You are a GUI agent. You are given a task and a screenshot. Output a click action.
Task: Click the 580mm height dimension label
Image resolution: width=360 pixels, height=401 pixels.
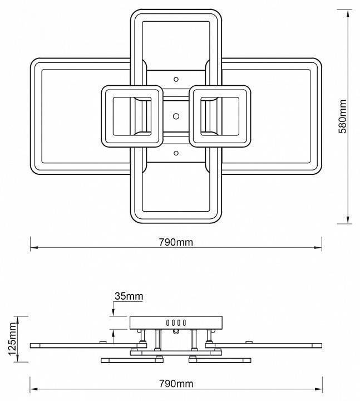point(342,116)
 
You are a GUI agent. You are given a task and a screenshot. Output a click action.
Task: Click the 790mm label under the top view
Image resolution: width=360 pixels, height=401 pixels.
point(176,242)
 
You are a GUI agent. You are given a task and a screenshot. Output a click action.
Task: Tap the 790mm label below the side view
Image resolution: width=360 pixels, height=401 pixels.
point(176,384)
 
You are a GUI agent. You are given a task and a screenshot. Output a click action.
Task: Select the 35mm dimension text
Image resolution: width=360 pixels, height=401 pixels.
point(129,296)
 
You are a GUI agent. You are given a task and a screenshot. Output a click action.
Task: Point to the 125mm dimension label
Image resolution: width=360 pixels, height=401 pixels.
point(12,339)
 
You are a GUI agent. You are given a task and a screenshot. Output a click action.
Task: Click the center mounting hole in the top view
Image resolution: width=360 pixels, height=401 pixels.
point(176,116)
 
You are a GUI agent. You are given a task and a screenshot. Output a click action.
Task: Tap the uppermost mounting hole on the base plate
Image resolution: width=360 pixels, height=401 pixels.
point(176,80)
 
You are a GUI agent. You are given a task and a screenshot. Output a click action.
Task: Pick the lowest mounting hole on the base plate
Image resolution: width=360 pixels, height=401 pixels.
point(176,153)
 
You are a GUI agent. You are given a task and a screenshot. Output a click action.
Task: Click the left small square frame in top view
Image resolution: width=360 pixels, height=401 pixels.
point(132,89)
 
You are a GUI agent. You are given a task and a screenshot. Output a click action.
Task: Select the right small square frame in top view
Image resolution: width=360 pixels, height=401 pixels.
point(220,89)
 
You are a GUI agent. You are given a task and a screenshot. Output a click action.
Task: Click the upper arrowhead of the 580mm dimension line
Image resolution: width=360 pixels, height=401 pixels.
point(348,13)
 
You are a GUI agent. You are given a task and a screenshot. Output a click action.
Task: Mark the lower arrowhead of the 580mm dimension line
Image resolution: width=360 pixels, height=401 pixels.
point(348,220)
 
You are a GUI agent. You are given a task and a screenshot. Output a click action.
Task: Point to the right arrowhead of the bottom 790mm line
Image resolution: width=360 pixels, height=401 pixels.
point(318,389)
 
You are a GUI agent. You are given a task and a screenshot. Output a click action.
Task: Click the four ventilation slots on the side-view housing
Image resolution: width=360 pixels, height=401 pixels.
point(176,322)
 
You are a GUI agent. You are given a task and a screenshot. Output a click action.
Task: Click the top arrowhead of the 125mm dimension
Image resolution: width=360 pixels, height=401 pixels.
point(18,320)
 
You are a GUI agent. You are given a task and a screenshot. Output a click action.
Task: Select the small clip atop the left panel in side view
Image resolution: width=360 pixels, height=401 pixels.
point(103,342)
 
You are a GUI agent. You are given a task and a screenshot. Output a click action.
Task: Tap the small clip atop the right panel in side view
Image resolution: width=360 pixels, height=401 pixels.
point(249,342)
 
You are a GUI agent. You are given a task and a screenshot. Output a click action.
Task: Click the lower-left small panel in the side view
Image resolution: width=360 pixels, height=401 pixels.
point(132,360)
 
